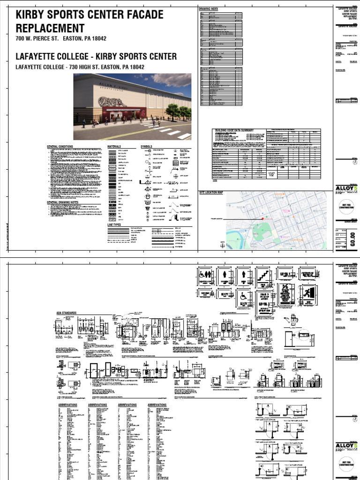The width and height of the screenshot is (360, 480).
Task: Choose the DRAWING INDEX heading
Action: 209,9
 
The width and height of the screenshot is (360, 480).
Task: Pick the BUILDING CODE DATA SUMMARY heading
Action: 234,130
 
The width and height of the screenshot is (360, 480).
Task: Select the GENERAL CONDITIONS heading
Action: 60,147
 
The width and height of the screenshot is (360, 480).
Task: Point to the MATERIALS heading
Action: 114,147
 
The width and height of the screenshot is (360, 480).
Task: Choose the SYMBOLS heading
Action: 147,147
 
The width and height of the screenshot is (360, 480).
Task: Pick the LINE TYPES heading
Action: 114,225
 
